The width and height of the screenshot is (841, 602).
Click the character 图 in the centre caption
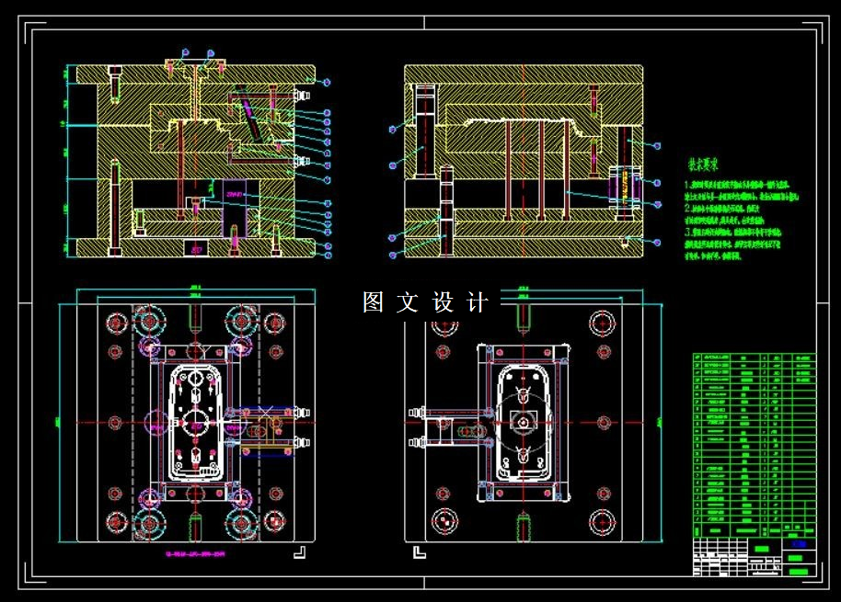(373, 302)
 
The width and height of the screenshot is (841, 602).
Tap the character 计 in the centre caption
(477, 302)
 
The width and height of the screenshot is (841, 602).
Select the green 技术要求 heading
(703, 165)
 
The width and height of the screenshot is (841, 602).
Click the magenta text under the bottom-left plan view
(194, 554)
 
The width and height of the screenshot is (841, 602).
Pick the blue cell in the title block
(798, 544)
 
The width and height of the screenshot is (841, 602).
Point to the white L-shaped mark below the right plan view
(420, 551)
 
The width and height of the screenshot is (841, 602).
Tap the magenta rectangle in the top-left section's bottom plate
(195, 248)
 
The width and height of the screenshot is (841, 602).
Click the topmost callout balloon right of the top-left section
(327, 83)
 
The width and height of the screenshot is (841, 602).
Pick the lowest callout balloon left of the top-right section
(392, 253)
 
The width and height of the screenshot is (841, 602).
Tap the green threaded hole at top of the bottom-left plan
(194, 316)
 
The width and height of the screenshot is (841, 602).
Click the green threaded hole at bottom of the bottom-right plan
(522, 529)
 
